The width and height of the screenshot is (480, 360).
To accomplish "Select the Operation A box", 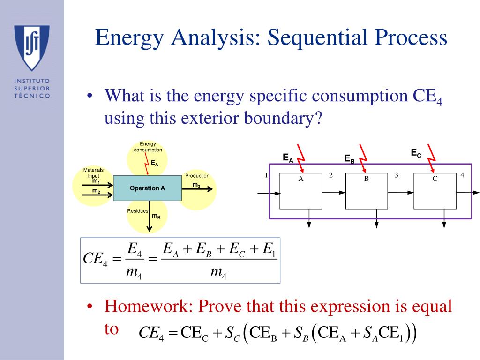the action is click(147, 188).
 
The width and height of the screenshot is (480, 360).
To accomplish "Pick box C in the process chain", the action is click(435, 191).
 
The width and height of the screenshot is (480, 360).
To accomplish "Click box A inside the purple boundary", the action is click(301, 191).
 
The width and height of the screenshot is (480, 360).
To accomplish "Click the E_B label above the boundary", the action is click(349, 159).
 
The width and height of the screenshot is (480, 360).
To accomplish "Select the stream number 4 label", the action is click(462, 175).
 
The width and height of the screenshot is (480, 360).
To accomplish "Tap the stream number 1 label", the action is click(266, 175).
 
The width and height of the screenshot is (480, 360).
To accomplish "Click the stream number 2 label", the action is click(330, 175).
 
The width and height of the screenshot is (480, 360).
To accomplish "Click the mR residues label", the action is click(156, 216).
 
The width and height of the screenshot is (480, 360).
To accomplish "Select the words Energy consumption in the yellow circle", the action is click(148, 147).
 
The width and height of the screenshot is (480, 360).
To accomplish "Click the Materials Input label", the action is click(93, 172).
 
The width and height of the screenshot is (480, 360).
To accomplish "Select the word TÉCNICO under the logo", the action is click(32, 95).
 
